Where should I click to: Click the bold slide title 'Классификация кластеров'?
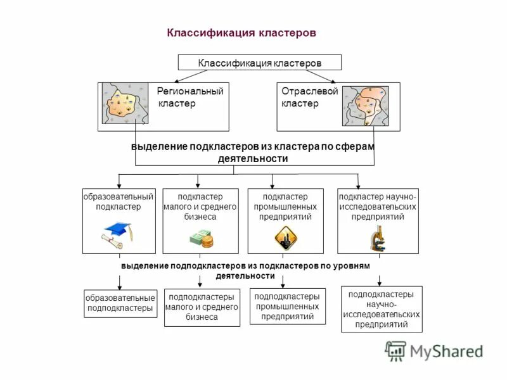tap(241, 32)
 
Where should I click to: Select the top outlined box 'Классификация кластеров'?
tap(260, 63)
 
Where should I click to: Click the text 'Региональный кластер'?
tap(189, 98)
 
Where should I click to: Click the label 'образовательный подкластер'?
tap(119, 201)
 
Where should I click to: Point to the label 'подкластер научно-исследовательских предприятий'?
tap(378, 206)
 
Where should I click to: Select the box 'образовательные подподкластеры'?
tap(120, 303)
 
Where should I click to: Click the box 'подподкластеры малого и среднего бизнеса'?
tap(202, 307)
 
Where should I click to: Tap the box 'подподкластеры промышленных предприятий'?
tap(287, 307)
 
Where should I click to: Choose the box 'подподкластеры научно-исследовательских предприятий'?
tap(381, 309)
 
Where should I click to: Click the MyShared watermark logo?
tap(433, 351)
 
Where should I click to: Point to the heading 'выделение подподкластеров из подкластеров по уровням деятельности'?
tap(245, 271)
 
